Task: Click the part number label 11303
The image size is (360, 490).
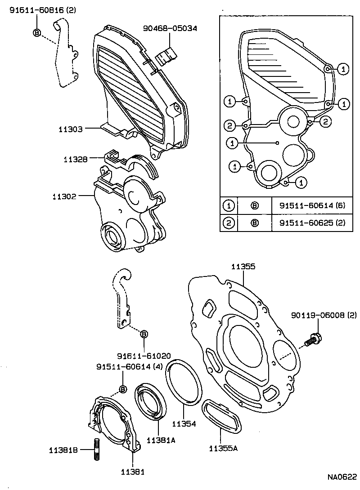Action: click(70, 129)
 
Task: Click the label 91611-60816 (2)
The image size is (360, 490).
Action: click(37, 9)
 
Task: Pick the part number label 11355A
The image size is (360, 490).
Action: click(223, 448)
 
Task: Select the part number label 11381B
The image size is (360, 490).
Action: click(64, 449)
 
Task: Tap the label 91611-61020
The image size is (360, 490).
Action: click(144, 356)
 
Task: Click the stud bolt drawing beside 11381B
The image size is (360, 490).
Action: click(96, 449)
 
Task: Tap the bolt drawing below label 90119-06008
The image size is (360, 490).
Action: click(312, 339)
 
